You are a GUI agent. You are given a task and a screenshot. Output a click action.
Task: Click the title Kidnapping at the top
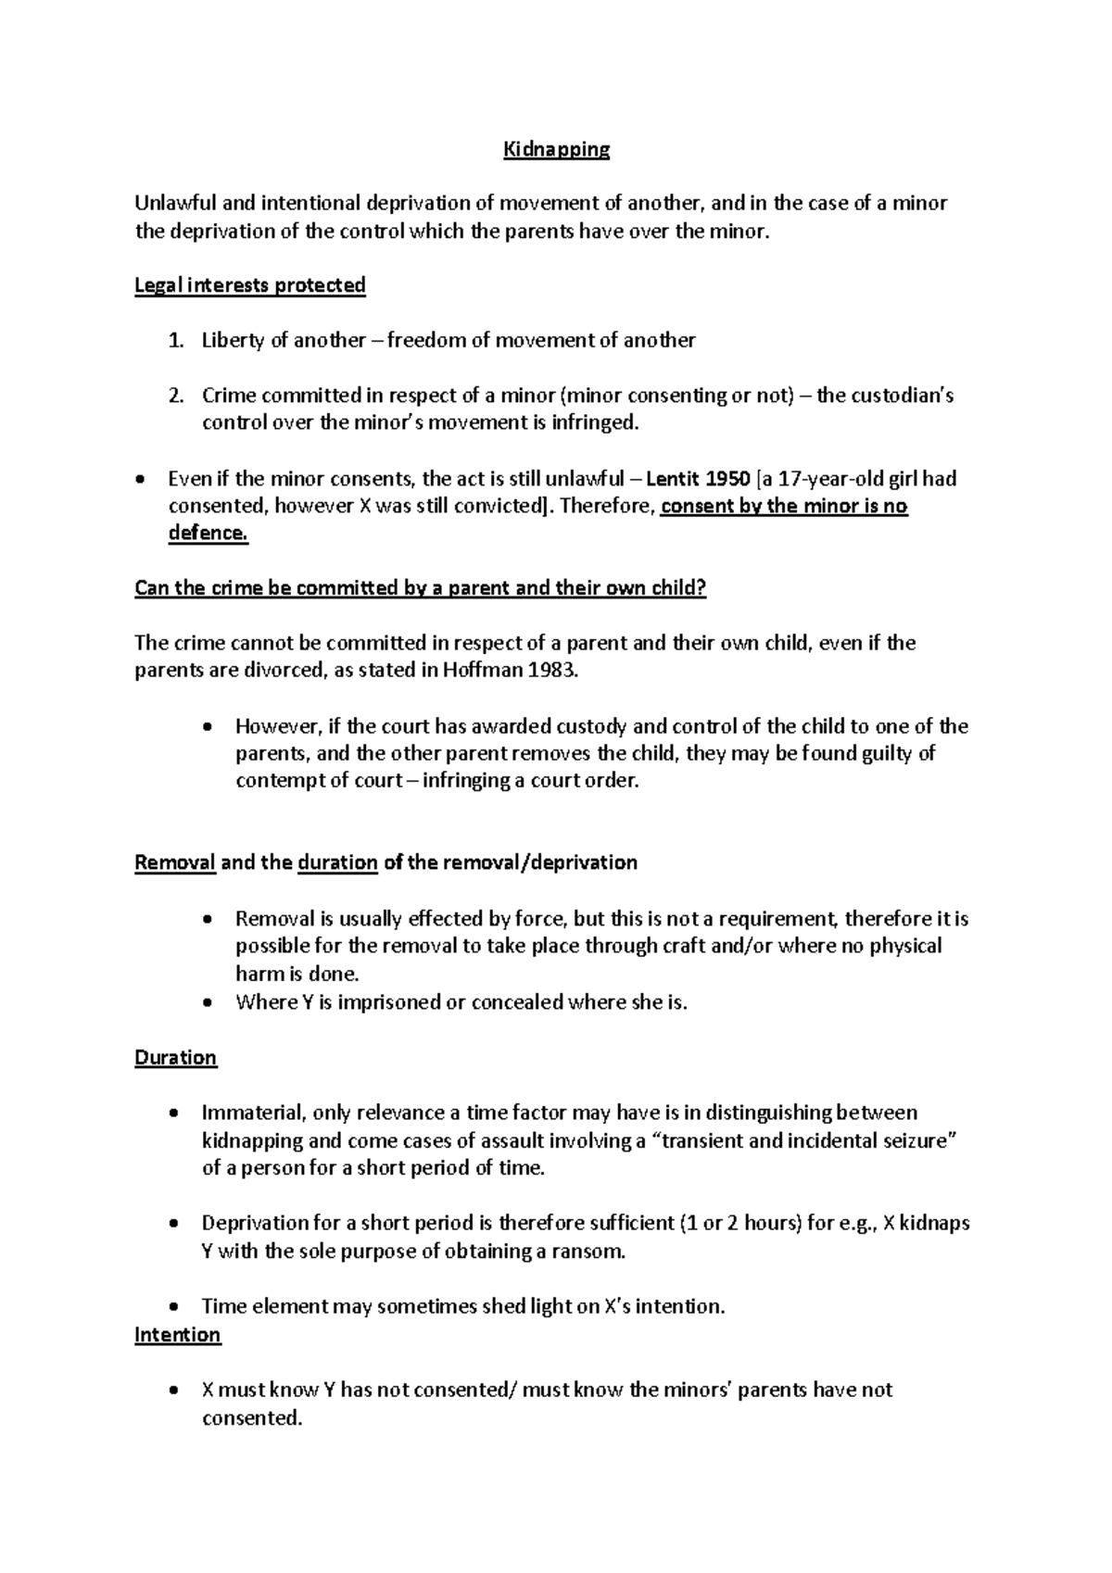click(556, 149)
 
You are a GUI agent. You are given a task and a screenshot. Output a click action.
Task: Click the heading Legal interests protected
click(250, 285)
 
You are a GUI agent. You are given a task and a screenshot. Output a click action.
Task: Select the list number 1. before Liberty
click(176, 341)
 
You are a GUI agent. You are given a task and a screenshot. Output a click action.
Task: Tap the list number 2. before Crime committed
click(176, 396)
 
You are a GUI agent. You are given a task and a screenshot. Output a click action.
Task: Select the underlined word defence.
click(208, 535)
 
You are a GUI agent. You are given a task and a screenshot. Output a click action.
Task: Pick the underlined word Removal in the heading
click(175, 863)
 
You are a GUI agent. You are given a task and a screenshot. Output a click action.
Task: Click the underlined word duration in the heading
click(337, 863)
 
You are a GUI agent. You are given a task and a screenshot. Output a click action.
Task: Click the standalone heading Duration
click(175, 1058)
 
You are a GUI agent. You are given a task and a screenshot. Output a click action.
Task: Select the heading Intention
click(177, 1335)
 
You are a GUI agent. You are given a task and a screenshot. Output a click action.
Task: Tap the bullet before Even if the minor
click(140, 481)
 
